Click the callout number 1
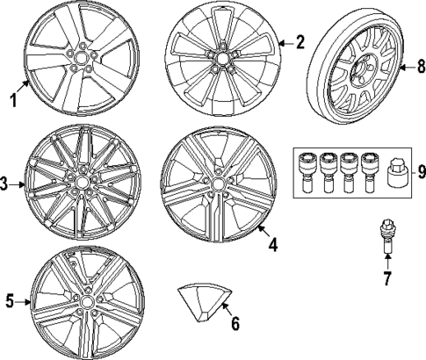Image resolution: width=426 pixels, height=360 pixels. [x=13, y=100]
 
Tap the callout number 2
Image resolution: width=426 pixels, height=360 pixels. [x=300, y=42]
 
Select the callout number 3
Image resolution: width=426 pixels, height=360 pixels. [x=5, y=184]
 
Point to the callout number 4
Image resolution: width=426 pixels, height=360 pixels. [x=272, y=245]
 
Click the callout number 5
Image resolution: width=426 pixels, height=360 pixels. [x=11, y=301]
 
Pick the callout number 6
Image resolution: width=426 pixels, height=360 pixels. [x=234, y=322]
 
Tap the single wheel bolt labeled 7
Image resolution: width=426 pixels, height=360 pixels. [x=386, y=238]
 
